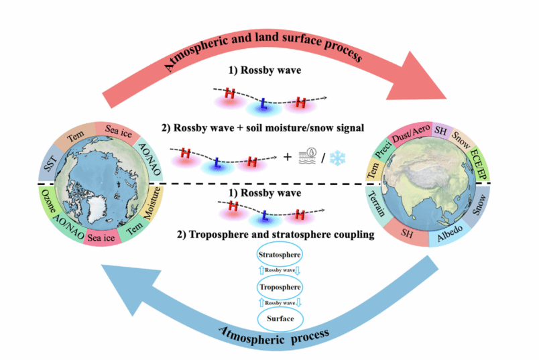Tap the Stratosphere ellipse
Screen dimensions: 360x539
[278, 255]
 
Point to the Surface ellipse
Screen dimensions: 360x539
[278, 318]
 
